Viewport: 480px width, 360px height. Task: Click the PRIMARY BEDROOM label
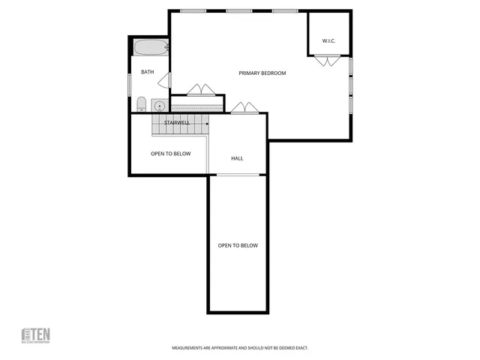pyautogui.click(x=262, y=73)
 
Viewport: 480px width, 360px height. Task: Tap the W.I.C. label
pyautogui.click(x=328, y=40)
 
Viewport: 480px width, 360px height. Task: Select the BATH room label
pyautogui.click(x=147, y=72)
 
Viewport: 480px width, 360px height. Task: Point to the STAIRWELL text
pyautogui.click(x=177, y=121)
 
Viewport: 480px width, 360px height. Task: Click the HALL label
pyautogui.click(x=237, y=158)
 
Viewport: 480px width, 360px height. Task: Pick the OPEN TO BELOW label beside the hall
pyautogui.click(x=170, y=154)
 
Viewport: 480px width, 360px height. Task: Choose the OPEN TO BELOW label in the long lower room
pyautogui.click(x=238, y=245)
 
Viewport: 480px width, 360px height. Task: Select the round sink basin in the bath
pyautogui.click(x=159, y=105)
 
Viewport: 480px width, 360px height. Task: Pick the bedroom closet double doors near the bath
pyautogui.click(x=199, y=90)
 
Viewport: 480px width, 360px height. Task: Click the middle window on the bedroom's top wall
pyautogui.click(x=238, y=11)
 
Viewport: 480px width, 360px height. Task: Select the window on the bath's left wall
pyautogui.click(x=130, y=83)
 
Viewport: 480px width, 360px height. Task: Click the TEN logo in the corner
pyautogui.click(x=35, y=334)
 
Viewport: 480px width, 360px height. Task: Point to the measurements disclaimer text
pyautogui.click(x=240, y=348)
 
